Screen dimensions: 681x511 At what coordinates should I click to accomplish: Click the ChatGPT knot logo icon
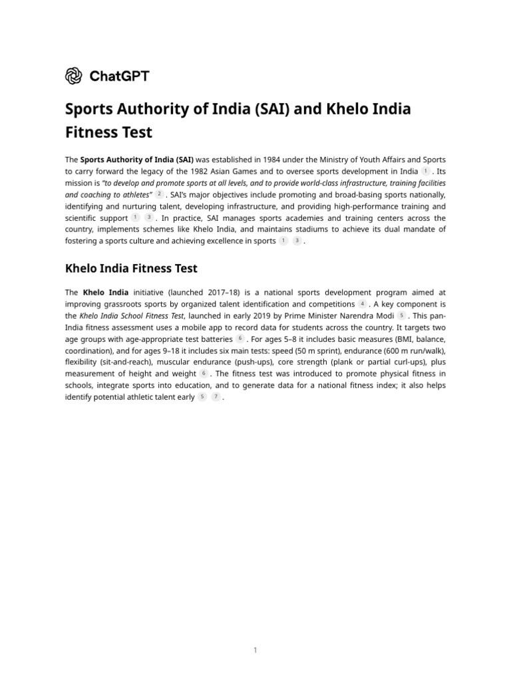(x=73, y=76)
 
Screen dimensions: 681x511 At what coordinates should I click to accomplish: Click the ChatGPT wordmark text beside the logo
(x=119, y=76)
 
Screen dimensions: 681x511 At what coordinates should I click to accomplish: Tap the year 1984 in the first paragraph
(x=264, y=160)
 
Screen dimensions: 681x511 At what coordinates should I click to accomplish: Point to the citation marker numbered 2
(x=159, y=194)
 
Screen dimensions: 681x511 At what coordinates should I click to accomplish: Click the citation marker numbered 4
(x=363, y=304)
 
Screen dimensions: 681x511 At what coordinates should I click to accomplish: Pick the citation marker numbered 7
(x=216, y=397)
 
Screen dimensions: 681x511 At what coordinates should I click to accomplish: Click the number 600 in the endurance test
(x=393, y=350)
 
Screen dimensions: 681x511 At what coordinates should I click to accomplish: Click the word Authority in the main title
(x=152, y=108)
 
